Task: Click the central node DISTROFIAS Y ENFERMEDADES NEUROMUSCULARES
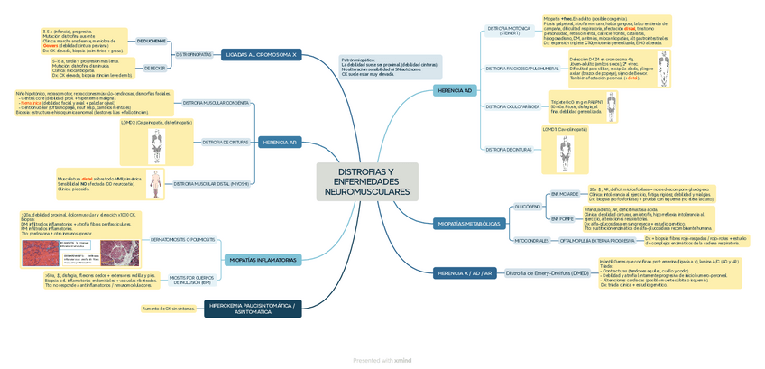click(x=367, y=181)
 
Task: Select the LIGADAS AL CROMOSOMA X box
click(x=260, y=55)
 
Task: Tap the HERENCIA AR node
click(x=280, y=143)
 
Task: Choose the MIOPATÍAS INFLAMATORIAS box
click(x=263, y=260)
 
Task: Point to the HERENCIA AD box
click(x=455, y=90)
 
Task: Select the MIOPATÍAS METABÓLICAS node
click(x=468, y=224)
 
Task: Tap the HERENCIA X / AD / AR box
click(x=465, y=272)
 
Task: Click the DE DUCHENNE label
click(x=151, y=42)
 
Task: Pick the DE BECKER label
click(x=154, y=68)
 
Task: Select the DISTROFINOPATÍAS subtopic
click(x=194, y=55)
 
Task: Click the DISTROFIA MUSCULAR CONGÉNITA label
click(x=216, y=103)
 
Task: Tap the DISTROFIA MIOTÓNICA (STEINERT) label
click(x=508, y=31)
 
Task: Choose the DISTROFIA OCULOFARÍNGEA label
click(x=512, y=106)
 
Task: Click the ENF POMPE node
click(x=563, y=218)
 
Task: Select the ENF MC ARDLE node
click(x=564, y=194)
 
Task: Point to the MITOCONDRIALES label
click(x=531, y=241)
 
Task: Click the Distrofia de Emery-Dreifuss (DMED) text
click(x=547, y=272)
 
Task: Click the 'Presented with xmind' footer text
click(x=382, y=360)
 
